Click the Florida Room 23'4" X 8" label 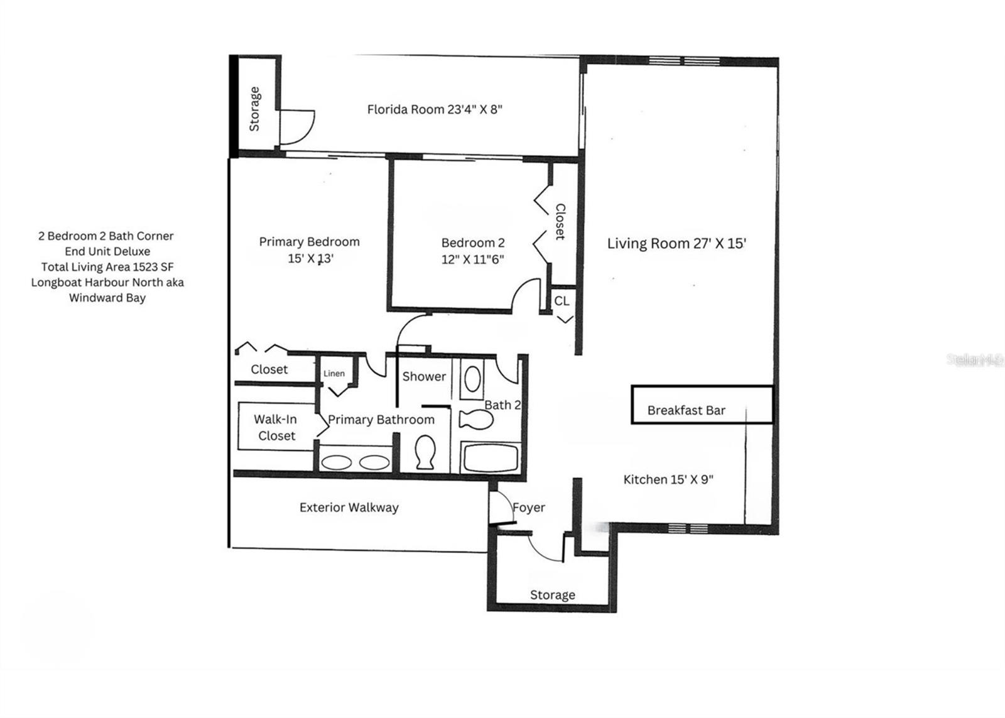click(435, 109)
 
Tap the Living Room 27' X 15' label click(676, 243)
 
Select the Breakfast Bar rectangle click(702, 405)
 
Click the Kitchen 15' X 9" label click(668, 479)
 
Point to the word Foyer click(529, 508)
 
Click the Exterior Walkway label click(349, 507)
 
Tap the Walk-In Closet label click(276, 427)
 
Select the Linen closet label click(334, 374)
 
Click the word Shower click(424, 376)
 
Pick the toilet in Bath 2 click(475, 420)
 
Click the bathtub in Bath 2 click(491, 457)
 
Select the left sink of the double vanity click(337, 462)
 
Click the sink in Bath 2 click(472, 379)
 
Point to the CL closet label click(562, 301)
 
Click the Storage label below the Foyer click(552, 594)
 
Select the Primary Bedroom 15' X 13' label click(309, 249)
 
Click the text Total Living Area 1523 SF click(107, 266)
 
